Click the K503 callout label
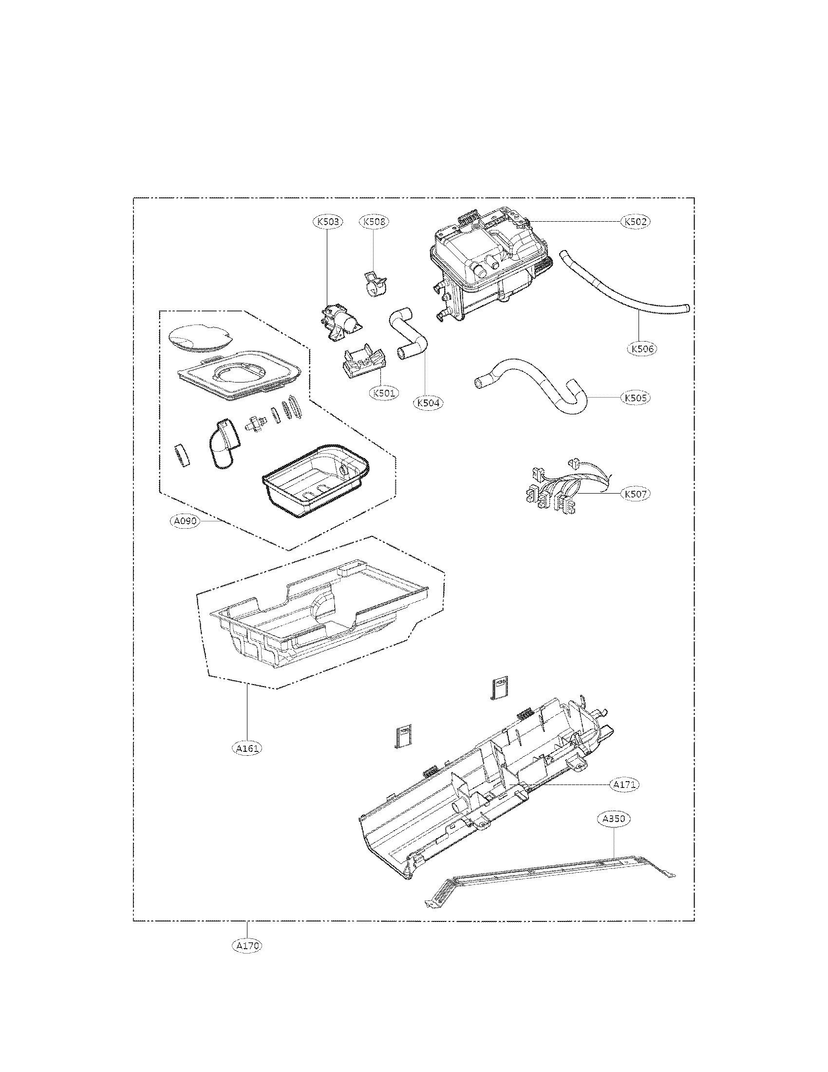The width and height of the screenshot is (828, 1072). click(x=328, y=222)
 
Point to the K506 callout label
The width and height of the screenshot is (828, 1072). click(x=641, y=349)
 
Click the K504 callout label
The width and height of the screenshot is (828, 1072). click(x=428, y=402)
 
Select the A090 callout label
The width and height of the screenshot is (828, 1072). click(x=186, y=521)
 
